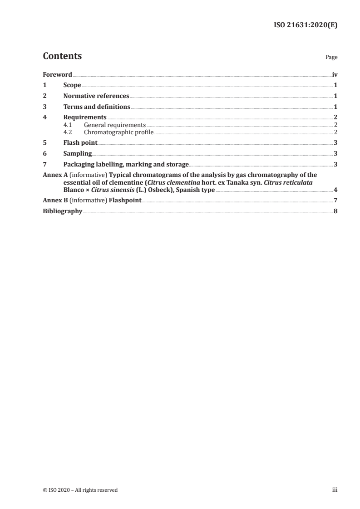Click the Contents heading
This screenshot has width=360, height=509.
[x=62, y=56]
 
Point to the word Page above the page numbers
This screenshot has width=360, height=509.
[x=331, y=58]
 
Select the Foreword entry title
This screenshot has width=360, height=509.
[x=57, y=74]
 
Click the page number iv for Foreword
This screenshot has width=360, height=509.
[x=335, y=74]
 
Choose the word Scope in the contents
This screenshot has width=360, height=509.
[x=72, y=85]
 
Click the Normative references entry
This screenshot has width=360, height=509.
[x=96, y=96]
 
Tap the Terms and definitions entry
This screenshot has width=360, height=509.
[x=97, y=107]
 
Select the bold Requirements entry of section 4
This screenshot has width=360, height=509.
[x=85, y=117]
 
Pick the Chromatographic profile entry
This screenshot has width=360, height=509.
[x=119, y=132]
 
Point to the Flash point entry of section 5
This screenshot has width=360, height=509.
[x=80, y=142]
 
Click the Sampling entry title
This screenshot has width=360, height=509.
[x=78, y=153]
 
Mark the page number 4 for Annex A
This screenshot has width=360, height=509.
[x=335, y=190]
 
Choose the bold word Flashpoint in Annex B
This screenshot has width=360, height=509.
[x=125, y=201]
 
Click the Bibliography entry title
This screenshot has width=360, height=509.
[x=63, y=211]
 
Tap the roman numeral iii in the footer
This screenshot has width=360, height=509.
[x=335, y=490]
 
